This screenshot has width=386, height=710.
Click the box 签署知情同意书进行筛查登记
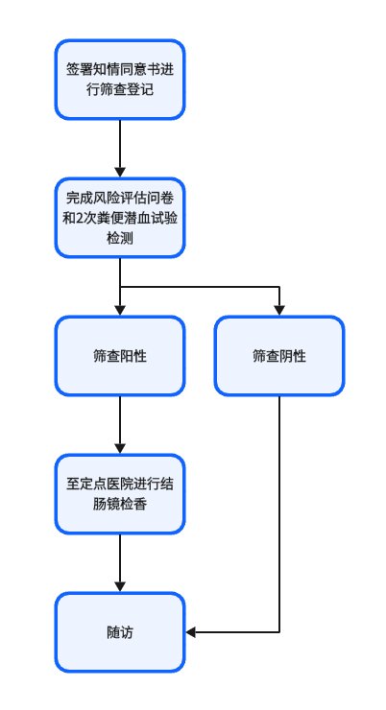coord(120,80)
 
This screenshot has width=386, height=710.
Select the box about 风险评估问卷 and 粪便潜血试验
coord(120,218)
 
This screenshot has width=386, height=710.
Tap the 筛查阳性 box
coord(120,356)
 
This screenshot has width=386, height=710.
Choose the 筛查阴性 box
coord(279,356)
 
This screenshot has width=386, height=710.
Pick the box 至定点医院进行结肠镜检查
coord(120,494)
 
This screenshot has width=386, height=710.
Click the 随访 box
coord(120,632)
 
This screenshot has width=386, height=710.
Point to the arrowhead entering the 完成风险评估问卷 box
coord(120,173)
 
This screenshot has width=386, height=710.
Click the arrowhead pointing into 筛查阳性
coord(120,311)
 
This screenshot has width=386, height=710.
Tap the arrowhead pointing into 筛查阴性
coord(279,311)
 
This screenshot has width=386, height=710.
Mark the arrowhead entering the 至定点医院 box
coord(120,449)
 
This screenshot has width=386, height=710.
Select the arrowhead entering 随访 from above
coord(120,587)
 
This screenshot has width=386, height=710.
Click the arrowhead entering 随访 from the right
coord(191,632)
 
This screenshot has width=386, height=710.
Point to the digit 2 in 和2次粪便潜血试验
coord(79,218)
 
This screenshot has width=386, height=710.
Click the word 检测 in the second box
coord(120,238)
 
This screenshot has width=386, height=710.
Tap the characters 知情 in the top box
coord(100,70)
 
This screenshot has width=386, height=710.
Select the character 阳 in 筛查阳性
coord(127,356)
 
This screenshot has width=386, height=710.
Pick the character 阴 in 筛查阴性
coord(286,356)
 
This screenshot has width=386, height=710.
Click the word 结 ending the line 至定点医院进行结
coord(167,485)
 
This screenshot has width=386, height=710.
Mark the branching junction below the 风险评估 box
coord(120,287)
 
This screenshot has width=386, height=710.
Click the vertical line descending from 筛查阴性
coord(279,514)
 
